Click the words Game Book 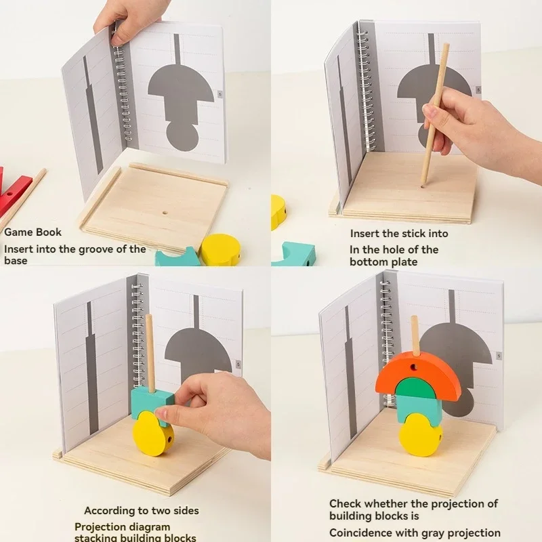(x=33, y=232)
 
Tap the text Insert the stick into (x=398, y=234)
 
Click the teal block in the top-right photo (x=293, y=254)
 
